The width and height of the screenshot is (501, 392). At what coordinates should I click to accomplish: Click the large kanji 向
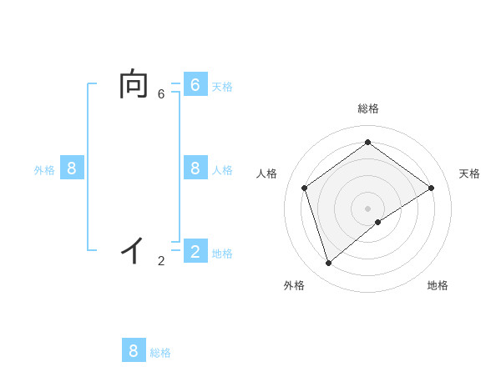(x=134, y=85)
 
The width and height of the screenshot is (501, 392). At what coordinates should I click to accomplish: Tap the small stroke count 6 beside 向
(x=161, y=94)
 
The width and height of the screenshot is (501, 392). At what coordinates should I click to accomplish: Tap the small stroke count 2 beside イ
(x=161, y=261)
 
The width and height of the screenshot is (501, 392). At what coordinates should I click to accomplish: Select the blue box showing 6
(x=195, y=85)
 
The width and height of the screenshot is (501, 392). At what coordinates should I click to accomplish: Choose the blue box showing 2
(x=195, y=252)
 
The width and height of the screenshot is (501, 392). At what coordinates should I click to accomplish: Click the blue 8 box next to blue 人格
(x=195, y=168)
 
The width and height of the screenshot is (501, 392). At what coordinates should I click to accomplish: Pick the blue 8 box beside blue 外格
(x=72, y=168)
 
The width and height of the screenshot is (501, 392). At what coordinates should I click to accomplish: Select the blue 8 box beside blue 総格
(x=134, y=350)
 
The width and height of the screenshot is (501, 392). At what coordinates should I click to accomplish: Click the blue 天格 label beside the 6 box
(x=222, y=87)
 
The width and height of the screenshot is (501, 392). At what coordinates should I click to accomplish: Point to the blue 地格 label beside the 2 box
(x=222, y=254)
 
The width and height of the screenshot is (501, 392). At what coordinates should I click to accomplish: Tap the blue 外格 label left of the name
(x=44, y=170)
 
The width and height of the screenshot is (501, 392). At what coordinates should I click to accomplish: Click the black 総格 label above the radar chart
(x=367, y=108)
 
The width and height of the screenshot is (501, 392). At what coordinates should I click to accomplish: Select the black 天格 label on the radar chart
(x=469, y=173)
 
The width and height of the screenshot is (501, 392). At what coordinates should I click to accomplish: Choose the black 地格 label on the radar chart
(x=438, y=285)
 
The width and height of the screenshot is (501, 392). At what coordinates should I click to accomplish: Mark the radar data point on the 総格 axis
(x=367, y=142)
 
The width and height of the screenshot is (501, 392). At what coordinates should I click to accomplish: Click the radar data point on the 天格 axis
(x=431, y=188)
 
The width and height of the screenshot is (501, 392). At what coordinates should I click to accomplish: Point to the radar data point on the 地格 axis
(x=378, y=222)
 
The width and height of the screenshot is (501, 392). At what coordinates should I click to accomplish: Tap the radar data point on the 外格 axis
(x=329, y=264)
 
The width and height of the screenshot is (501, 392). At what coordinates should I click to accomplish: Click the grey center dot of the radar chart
(x=367, y=208)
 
